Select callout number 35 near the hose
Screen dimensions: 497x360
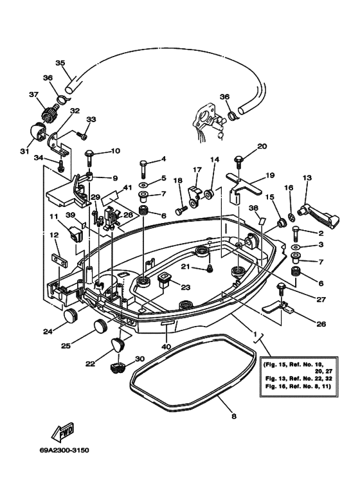(x=60, y=62)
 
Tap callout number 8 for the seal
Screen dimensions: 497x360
(x=233, y=417)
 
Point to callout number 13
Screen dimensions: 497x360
(x=307, y=177)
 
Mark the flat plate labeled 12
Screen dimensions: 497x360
(x=58, y=261)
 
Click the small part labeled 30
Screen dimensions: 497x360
(x=118, y=368)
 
